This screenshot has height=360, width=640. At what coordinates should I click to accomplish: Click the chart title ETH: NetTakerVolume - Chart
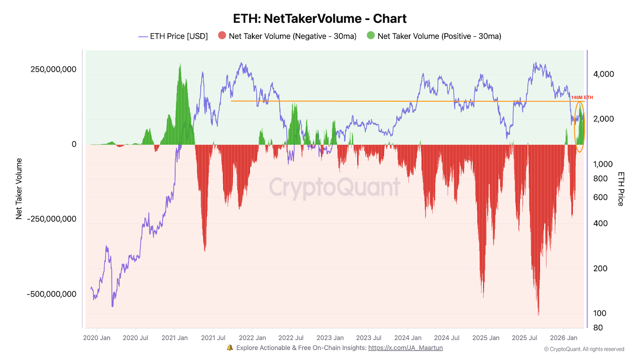tap(320, 19)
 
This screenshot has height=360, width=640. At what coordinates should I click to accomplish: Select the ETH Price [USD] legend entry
tap(173, 36)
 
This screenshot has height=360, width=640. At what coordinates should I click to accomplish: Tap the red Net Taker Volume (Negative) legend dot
tap(222, 36)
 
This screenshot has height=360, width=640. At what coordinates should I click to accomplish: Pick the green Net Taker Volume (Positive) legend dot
tap(371, 36)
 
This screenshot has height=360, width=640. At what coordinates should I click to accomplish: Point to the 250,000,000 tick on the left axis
tap(53, 70)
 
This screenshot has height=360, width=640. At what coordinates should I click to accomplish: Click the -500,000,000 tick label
tap(52, 294)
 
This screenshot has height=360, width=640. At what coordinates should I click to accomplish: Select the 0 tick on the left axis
tap(74, 144)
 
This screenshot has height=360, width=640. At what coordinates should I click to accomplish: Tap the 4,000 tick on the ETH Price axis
tap(603, 74)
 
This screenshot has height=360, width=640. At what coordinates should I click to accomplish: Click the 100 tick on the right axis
tap(600, 314)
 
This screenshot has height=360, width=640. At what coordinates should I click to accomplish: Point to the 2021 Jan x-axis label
tap(174, 338)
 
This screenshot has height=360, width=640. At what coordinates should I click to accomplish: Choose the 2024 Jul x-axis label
tap(446, 338)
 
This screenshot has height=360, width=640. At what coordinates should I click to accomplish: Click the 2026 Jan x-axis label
tap(563, 338)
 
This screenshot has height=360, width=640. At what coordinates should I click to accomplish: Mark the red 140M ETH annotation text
tap(582, 98)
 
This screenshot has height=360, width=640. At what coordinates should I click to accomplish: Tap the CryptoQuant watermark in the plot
tap(334, 187)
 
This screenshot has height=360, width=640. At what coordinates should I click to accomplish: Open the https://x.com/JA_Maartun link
tap(405, 348)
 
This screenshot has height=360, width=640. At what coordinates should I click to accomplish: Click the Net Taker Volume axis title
tap(19, 189)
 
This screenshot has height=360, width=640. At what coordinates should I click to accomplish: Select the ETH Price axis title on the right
tap(621, 189)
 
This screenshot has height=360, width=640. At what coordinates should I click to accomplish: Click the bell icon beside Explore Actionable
tap(230, 348)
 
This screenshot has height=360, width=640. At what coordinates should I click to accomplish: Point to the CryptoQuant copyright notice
tap(584, 349)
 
